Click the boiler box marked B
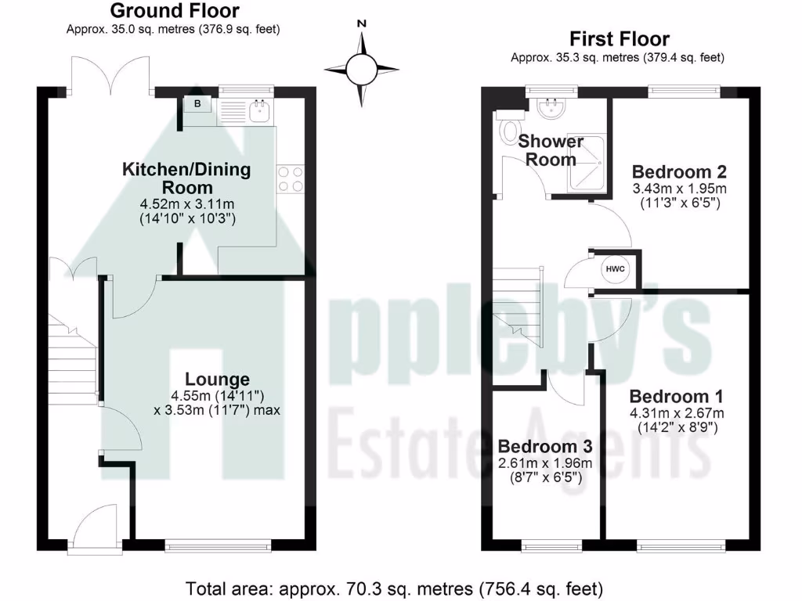198,105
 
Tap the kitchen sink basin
259,111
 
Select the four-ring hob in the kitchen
291,179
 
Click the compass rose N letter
362,24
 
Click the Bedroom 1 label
676,396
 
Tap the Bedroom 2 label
679,171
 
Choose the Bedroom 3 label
544,446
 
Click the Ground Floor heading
174,11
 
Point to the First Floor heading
619,38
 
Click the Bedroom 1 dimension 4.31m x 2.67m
676,413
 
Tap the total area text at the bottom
394,588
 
